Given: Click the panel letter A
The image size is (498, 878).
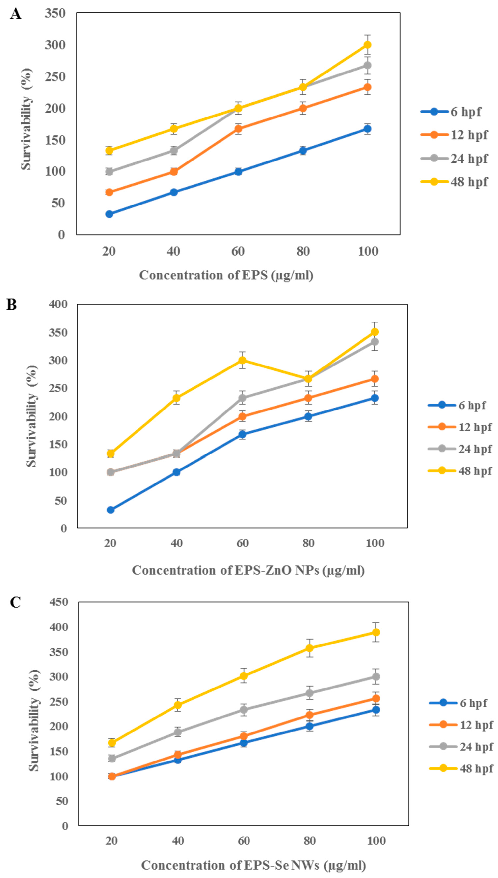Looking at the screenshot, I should coord(15,14).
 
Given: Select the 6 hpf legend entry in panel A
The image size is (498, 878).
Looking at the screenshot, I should coord(452,112).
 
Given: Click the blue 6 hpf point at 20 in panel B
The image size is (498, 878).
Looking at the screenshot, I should coord(111,510).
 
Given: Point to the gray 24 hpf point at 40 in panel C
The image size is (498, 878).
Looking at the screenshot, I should coord(178,732).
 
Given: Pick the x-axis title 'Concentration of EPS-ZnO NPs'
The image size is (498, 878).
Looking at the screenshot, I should coord(248,570).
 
